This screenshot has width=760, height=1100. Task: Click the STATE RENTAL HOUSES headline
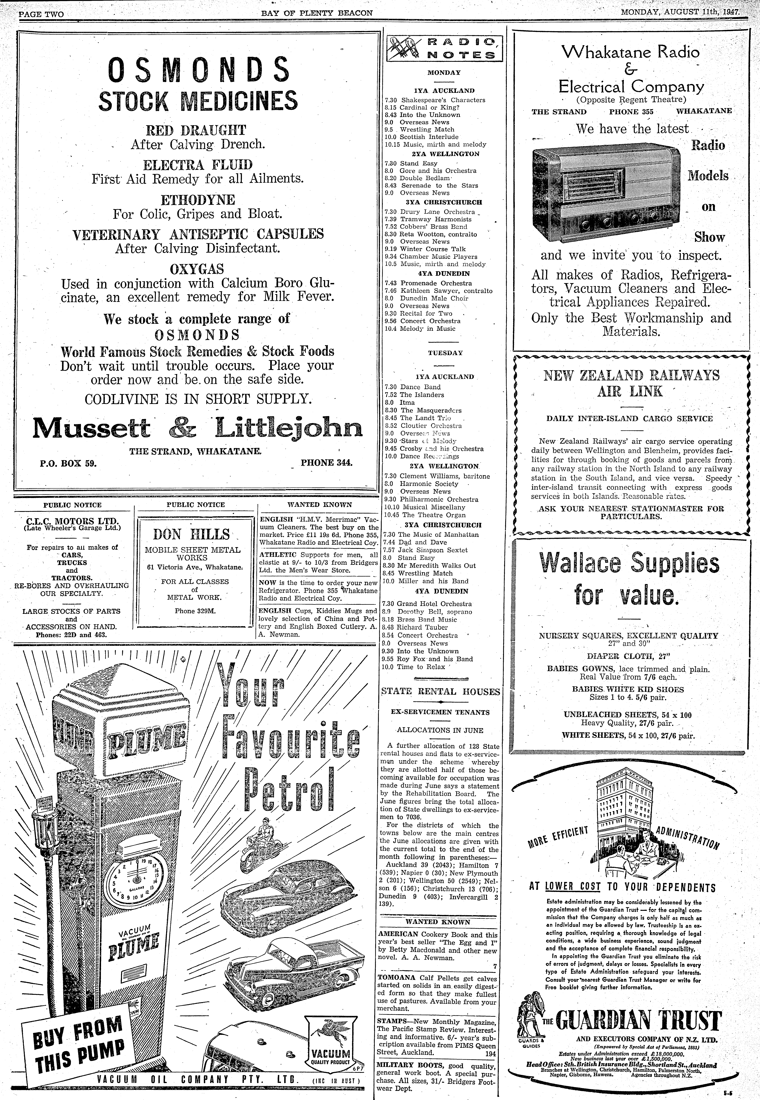[x=440, y=692]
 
